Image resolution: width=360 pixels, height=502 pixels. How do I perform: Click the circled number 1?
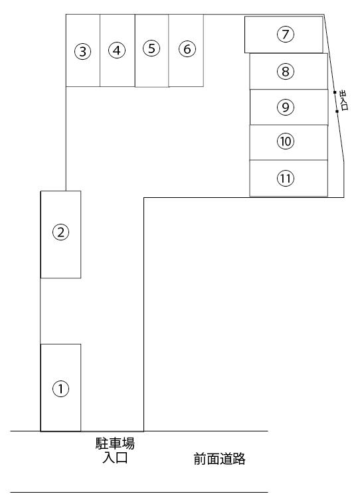60,388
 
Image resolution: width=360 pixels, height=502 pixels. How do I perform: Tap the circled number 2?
60,232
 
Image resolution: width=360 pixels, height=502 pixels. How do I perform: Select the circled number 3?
82,51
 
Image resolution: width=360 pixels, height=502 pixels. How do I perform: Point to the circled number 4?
117,50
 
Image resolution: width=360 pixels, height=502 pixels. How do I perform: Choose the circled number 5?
151,48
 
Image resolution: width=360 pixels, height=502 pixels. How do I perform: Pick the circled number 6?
187,49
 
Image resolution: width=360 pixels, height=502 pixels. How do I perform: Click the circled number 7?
286,35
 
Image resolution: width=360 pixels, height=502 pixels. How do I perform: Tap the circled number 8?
286,72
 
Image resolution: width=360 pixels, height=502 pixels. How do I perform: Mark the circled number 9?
286,107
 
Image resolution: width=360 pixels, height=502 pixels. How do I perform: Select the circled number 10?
286,141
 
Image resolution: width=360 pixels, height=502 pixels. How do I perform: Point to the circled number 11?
286,178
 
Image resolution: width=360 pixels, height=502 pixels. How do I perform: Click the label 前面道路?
219,459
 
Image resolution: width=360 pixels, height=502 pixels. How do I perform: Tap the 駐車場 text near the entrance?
115,444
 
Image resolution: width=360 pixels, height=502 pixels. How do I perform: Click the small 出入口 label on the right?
343,100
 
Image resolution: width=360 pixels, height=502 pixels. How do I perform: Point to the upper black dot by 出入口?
335,92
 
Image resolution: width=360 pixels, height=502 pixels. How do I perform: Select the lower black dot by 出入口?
337,112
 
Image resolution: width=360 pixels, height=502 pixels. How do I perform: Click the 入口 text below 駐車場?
115,458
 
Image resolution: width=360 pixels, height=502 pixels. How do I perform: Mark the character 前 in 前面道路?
200,459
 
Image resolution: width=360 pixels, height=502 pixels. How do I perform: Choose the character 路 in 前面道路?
239,459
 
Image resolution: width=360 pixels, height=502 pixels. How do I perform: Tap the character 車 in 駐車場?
115,444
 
